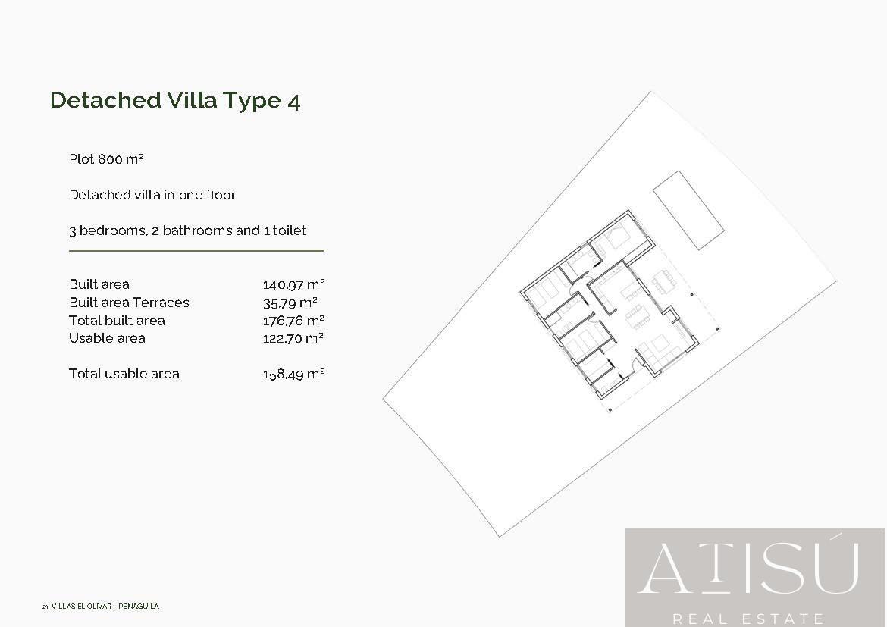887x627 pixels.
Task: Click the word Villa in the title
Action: click(x=192, y=100)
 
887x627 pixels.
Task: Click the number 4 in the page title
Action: click(x=293, y=102)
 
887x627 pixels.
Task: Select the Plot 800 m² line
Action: click(x=106, y=159)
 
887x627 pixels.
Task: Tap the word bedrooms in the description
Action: click(x=112, y=230)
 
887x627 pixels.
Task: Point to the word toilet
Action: click(x=290, y=230)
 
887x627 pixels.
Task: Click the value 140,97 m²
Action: click(x=293, y=284)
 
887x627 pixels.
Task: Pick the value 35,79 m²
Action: click(x=290, y=303)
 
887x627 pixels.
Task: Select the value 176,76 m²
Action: click(x=293, y=320)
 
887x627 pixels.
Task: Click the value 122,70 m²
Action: click(x=293, y=338)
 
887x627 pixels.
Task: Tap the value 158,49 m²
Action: click(x=293, y=374)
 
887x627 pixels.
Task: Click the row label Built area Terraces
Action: click(x=129, y=303)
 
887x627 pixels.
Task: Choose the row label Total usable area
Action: click(x=124, y=374)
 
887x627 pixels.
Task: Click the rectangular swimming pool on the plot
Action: click(x=688, y=210)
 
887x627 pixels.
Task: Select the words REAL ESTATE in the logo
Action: click(x=748, y=619)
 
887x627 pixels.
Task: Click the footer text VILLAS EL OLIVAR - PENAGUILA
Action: click(x=105, y=606)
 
